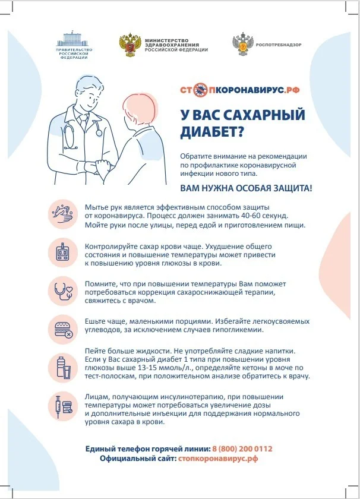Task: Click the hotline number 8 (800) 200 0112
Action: pyautogui.click(x=242, y=449)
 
